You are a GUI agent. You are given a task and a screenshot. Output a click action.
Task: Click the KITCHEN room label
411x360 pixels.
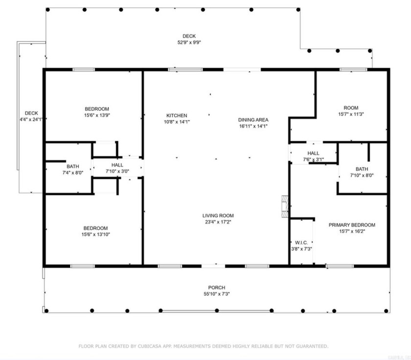tap(177, 116)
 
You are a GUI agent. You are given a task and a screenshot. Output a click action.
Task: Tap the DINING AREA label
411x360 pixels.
tap(253, 120)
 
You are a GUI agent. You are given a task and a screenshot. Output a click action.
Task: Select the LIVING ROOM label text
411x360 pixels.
tap(218, 216)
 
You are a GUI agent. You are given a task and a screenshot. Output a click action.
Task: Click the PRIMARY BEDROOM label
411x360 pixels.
tap(351, 225)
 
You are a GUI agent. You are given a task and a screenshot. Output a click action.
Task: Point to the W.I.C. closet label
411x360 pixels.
tap(301, 242)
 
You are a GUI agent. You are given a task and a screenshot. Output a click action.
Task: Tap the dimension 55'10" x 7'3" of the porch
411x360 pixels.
tap(216, 294)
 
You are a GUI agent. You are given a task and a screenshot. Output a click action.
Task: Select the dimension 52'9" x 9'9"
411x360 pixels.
tap(189, 43)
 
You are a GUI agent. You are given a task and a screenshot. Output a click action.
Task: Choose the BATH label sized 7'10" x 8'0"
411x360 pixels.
tap(362, 169)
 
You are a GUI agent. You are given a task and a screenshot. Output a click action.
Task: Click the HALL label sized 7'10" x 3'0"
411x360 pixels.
tap(117, 165)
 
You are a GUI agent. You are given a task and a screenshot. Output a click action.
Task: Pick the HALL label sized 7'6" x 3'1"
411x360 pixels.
tap(313, 153)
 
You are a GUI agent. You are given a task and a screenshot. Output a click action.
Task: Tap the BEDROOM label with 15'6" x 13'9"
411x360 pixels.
tap(97, 109)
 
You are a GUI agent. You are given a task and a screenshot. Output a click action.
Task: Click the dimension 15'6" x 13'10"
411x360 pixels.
tap(97, 235)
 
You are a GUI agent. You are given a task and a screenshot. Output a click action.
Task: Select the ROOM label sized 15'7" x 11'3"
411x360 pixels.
tap(351, 108)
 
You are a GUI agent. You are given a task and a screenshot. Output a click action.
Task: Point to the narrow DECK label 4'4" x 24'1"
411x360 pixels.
tap(31, 113)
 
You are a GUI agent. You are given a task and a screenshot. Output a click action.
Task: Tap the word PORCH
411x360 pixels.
tap(216, 288)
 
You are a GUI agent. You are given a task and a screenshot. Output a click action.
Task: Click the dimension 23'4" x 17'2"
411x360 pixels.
tap(218, 222)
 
